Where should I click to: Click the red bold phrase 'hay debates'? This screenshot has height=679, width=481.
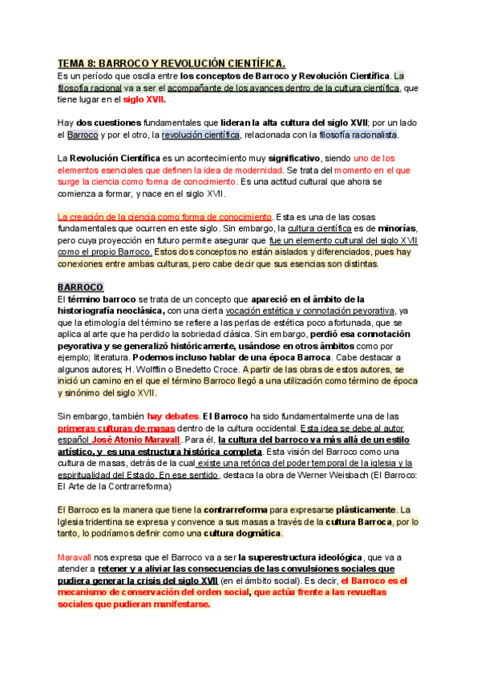tap(171, 416)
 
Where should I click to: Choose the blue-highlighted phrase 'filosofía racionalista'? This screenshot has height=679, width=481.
tap(358, 135)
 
